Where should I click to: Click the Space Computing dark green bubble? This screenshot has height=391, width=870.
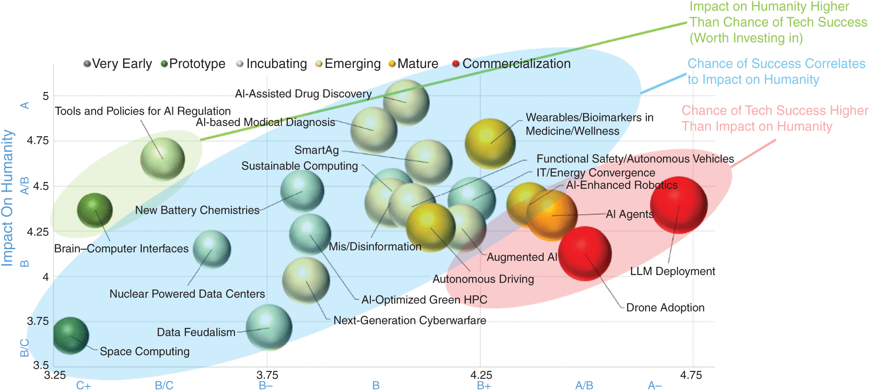pos(71,335)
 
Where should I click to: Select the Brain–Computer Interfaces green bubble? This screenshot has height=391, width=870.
pos(95,210)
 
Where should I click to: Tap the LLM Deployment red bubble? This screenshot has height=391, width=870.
pos(679,205)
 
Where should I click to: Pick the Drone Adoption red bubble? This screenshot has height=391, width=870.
pos(585,254)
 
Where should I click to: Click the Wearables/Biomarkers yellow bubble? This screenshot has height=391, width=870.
pos(490,143)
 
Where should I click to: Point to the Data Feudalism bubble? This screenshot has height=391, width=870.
pos(269,327)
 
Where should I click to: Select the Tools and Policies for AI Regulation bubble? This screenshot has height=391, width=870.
pos(163,159)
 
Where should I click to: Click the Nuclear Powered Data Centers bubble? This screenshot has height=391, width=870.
pos(211,249)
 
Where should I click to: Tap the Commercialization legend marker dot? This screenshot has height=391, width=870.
pos(456,64)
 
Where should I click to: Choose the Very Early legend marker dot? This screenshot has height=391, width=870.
pos(87,64)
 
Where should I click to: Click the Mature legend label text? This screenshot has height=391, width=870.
pos(418,64)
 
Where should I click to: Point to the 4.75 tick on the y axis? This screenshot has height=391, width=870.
pos(38,140)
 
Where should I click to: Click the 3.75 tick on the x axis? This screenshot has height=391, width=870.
pos(267,375)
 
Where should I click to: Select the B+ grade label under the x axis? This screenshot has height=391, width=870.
pos(484,386)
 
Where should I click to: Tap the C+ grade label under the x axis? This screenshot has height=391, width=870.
pos(83,386)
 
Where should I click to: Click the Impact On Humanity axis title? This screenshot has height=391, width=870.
pos(7,198)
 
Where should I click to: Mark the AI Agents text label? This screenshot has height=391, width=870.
pos(630,214)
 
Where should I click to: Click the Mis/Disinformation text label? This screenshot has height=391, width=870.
pos(375,246)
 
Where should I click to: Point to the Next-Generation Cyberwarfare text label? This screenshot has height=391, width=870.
pos(410,320)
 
